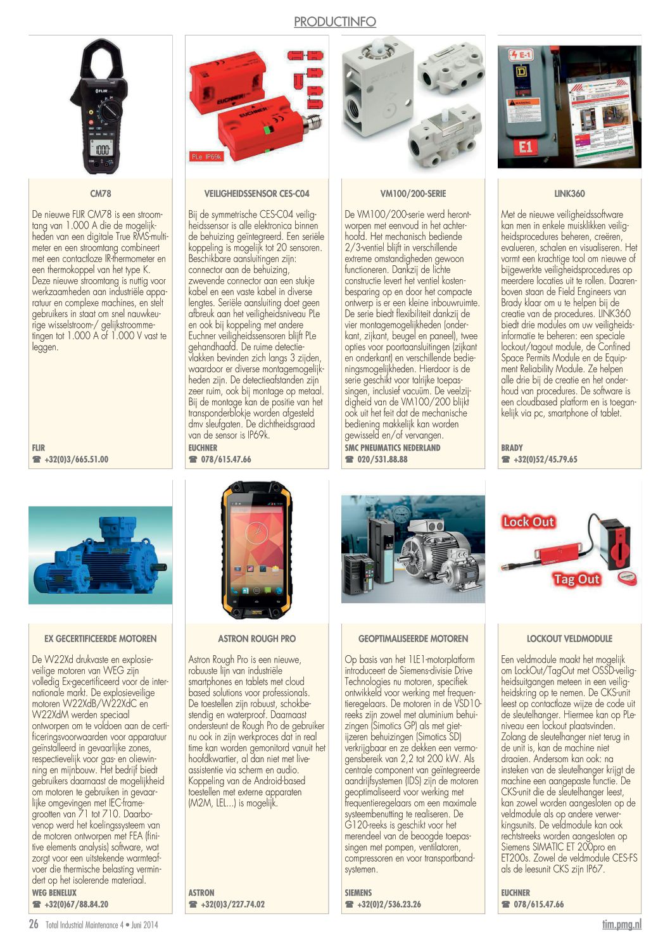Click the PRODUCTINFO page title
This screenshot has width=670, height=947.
(334, 22)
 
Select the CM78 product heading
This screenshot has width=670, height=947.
(100, 194)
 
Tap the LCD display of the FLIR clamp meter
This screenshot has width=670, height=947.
(101, 149)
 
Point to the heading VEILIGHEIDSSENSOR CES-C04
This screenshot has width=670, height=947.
(256, 194)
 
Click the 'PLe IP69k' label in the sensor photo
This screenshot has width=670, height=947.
(206, 156)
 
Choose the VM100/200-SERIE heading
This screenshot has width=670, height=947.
(413, 194)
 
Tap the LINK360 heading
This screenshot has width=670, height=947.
(569, 194)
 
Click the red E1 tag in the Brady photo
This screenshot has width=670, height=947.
(526, 147)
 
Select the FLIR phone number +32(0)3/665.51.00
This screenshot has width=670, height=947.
(76, 460)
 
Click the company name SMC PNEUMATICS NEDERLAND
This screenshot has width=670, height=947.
(392, 448)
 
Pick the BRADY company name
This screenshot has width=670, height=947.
(512, 448)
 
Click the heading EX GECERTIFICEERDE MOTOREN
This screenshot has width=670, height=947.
(100, 639)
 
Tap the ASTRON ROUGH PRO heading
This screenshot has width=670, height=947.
(256, 639)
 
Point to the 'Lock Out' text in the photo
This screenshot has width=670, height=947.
(528, 522)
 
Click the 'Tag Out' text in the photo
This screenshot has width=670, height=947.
(576, 579)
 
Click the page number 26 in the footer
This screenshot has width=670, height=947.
(34, 924)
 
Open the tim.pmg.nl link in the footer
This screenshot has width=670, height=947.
(621, 924)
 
